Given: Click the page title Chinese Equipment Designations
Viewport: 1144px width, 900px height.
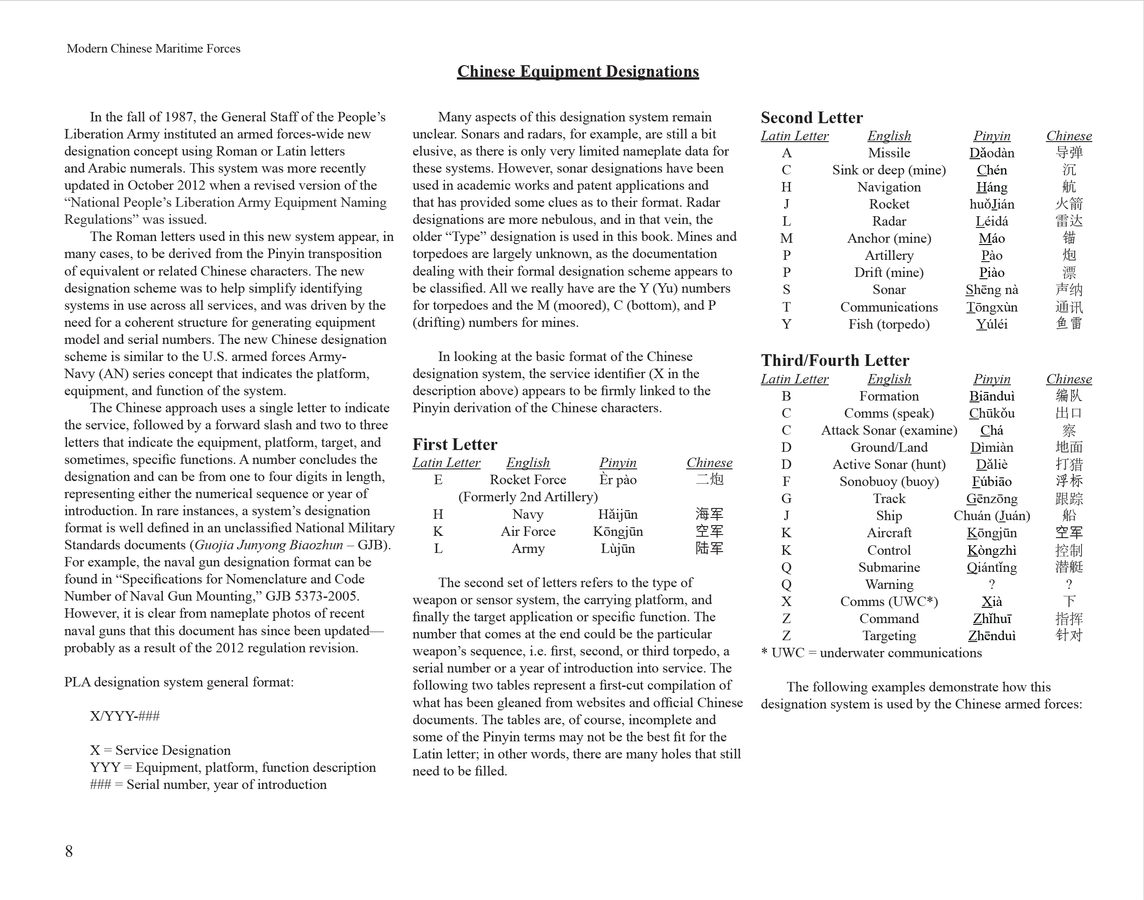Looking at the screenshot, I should pos(577,71).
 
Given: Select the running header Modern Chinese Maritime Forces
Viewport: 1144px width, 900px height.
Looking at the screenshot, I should pos(153,49).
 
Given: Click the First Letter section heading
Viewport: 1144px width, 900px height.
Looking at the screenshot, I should pos(455,444).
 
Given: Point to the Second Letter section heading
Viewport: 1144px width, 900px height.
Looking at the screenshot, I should pos(812,117).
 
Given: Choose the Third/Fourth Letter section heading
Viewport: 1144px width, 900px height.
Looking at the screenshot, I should pos(835,361).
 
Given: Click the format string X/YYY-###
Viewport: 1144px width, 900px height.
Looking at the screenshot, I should pos(125,716).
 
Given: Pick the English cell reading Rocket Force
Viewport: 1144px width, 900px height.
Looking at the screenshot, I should pos(527,480).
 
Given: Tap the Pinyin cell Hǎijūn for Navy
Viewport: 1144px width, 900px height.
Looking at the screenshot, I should pos(617,514).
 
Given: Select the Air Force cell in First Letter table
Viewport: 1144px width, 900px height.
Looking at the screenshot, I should pos(527,532).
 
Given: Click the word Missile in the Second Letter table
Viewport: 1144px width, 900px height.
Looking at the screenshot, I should pos(889,153).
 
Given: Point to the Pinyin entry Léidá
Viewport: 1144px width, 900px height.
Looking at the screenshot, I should pos(991,221).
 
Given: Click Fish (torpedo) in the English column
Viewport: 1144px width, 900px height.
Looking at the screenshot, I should pos(889,324).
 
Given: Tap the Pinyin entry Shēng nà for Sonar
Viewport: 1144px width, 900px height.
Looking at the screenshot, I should pos(991,290).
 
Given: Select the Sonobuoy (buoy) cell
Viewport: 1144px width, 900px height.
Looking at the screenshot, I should pos(889,481).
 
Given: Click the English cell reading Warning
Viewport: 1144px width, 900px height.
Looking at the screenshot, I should pos(889,584).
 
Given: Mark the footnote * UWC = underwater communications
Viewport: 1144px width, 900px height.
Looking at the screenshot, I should pos(871,653).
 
